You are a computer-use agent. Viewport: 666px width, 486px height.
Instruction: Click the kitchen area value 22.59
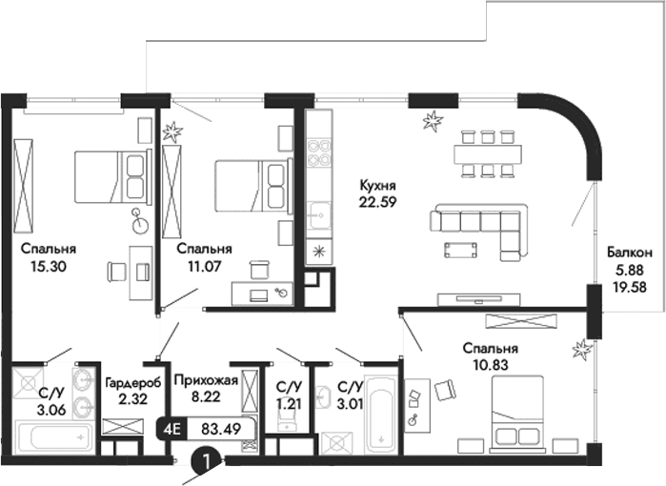(377, 201)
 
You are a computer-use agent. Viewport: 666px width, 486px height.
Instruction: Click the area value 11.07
(199, 266)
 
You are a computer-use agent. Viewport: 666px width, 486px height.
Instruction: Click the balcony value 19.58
(630, 285)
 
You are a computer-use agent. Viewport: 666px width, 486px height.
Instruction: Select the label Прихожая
(200, 379)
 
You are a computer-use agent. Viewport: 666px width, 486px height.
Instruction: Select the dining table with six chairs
(486, 152)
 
